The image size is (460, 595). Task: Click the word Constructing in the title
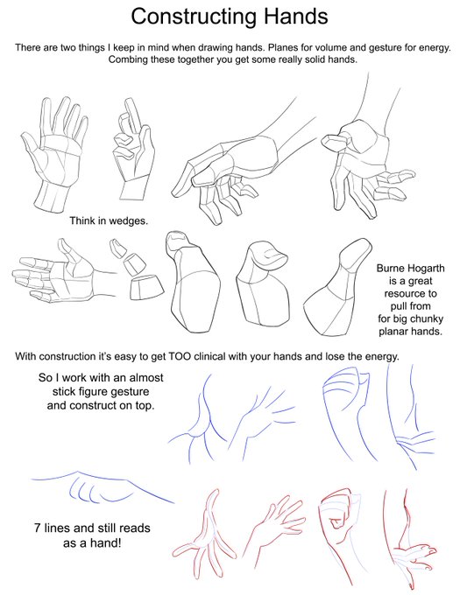point(195,17)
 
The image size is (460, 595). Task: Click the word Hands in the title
point(296,17)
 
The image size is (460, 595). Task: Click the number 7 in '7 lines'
point(37,528)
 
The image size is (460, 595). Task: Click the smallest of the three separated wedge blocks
point(118,248)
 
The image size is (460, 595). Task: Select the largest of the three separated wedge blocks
point(146,287)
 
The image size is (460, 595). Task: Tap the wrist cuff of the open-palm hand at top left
point(52,198)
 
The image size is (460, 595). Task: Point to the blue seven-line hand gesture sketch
point(103,486)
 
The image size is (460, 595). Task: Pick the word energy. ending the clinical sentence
point(382,357)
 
